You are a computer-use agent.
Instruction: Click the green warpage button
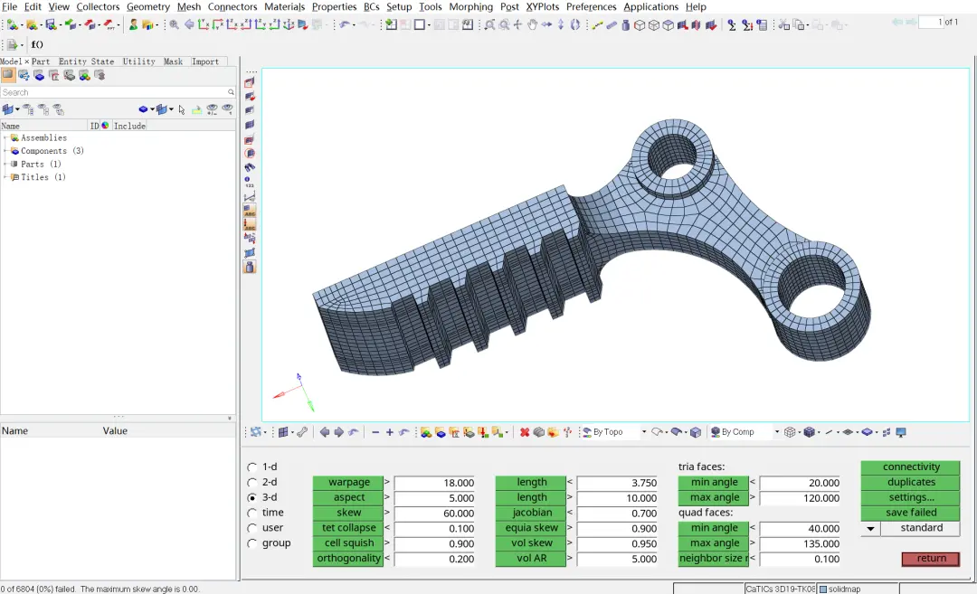(x=349, y=483)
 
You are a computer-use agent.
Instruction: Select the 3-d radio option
(x=251, y=497)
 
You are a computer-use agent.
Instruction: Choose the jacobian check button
(x=532, y=513)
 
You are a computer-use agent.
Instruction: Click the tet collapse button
(x=349, y=528)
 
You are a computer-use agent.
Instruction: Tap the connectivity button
(x=911, y=467)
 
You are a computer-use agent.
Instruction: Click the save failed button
(x=911, y=513)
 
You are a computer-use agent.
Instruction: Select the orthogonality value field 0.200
(x=434, y=559)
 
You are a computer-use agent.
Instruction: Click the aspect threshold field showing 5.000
(x=434, y=498)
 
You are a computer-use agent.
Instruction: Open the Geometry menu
(x=148, y=7)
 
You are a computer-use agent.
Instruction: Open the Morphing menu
(x=470, y=7)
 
